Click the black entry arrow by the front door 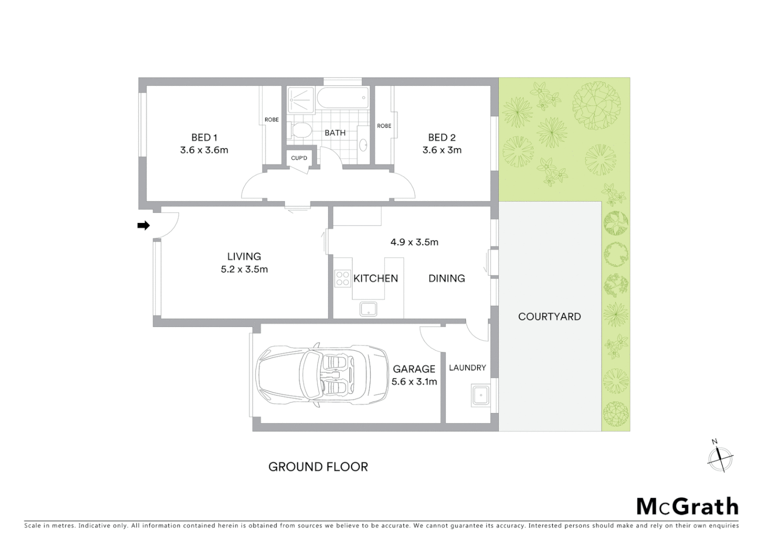143,225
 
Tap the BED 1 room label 204,137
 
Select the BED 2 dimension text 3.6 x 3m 441,150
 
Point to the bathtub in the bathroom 343,98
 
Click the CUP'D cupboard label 299,158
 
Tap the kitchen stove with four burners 342,278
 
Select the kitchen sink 369,309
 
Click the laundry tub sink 480,396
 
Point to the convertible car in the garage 322,374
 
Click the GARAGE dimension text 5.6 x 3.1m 414,381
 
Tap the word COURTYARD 549,316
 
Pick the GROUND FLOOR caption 318,467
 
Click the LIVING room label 244,256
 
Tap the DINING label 446,278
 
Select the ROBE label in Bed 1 271,120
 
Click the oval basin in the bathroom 363,145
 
